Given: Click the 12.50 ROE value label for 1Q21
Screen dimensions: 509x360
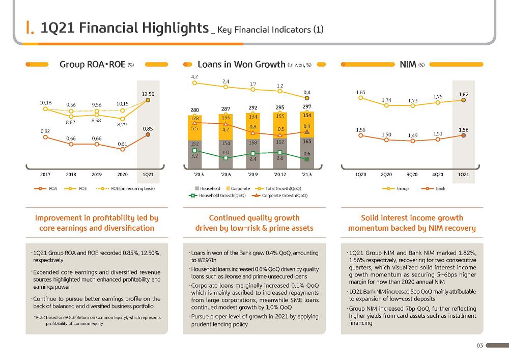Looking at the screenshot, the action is tap(148, 94).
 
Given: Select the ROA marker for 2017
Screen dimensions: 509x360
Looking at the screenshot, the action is tap(45, 137).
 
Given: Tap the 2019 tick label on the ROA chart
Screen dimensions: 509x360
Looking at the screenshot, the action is tap(97, 174).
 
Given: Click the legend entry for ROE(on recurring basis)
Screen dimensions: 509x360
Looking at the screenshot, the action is tap(126, 188).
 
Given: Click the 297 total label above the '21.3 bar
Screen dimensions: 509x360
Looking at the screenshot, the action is tap(307, 106).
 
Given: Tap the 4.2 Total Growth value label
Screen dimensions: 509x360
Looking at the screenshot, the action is tap(194, 77).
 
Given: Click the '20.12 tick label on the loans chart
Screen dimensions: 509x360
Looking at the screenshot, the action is tap(280, 174).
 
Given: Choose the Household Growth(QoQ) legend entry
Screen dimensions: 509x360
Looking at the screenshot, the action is tap(217, 196).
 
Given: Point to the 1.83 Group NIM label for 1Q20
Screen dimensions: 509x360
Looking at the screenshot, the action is tap(361, 92).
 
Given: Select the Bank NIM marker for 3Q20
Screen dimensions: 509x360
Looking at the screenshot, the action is tap(413, 141).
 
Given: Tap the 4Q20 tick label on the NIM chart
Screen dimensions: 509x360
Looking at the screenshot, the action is tap(438, 174).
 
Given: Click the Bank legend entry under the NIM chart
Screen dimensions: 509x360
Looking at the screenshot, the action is tap(433, 188).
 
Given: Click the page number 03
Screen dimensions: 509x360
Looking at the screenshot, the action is tap(480, 345).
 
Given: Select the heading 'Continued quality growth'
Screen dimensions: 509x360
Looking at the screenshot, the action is tap(254, 218).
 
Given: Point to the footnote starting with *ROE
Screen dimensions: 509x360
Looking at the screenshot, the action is tap(97, 320).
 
